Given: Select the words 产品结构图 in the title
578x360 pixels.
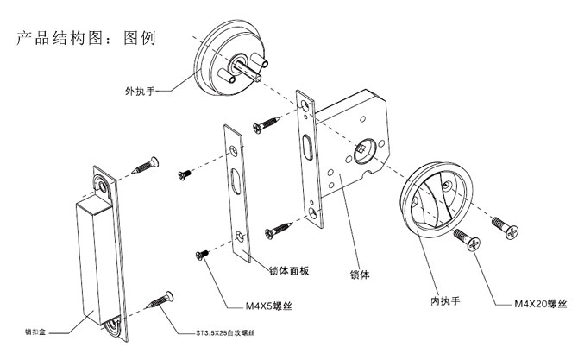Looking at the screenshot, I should pos(69,39).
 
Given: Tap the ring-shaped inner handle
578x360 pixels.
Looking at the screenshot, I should pos(437,199).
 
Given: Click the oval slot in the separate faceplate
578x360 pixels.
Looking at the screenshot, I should pos(239,184).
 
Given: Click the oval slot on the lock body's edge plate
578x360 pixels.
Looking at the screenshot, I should pos(307,146).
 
